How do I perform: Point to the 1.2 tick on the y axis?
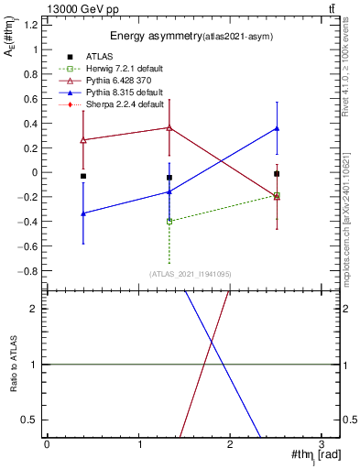tap(33, 24)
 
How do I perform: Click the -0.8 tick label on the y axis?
tap(30, 271)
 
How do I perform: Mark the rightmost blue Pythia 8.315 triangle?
tap(277, 128)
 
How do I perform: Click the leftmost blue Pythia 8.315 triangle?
tap(83, 213)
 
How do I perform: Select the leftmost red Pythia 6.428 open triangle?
tap(83, 140)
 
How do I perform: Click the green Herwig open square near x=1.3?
tap(169, 222)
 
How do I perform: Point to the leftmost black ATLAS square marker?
tap(83, 176)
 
